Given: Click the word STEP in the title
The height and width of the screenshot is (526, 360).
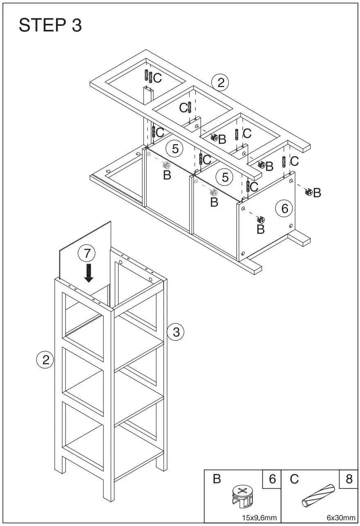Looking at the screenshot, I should tap(40, 25).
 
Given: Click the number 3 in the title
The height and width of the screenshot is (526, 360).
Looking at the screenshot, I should tap(76, 25).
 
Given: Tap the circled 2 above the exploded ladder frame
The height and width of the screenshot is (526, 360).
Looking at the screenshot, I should tap(220, 83).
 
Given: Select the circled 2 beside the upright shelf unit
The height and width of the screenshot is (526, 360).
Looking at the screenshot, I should tap(45, 360).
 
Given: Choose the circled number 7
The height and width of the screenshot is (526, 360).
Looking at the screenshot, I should tap(86, 254).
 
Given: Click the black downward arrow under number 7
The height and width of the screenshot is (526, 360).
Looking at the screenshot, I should tap(88, 273).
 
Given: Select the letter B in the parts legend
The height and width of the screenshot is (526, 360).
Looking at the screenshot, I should tap(217, 479).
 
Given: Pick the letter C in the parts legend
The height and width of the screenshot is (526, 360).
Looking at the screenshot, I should tap(294, 479).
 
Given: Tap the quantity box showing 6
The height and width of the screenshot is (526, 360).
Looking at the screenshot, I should tap(272, 479).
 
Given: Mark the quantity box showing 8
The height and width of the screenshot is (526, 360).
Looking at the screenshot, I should tap(349, 479).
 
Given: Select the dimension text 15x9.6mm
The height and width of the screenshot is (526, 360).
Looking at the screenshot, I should tap(259, 518).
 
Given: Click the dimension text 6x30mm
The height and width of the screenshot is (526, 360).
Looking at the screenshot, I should tap(341, 518).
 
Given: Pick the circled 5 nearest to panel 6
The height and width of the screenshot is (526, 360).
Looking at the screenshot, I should tap(225, 177).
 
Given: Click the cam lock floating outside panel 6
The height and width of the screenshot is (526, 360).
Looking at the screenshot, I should tap(309, 192).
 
